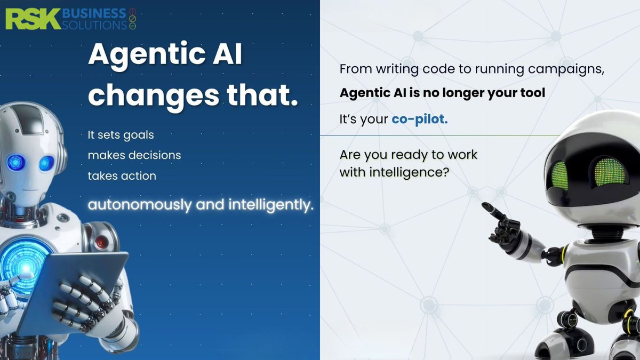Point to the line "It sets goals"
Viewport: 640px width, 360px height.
coord(121,135)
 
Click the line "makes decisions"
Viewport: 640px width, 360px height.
coord(134,155)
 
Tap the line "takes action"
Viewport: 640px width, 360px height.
coord(122,175)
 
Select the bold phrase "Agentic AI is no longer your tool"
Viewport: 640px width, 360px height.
coord(442,93)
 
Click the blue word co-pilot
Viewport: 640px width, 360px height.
coord(420,119)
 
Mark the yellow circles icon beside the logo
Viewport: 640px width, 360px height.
coord(133,17)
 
